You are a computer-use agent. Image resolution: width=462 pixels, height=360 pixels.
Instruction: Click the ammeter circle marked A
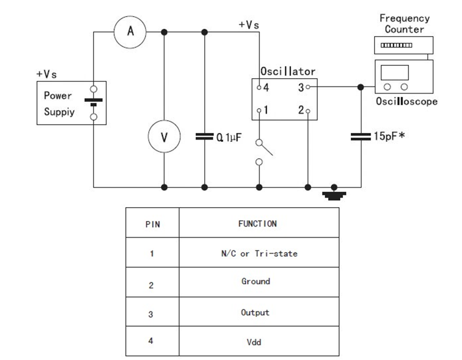131,32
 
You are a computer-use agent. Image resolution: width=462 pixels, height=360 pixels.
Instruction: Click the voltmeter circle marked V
164,136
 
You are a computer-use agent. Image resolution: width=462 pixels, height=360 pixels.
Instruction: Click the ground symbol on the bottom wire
334,193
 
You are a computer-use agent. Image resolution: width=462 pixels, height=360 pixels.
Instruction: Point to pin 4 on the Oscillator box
259,87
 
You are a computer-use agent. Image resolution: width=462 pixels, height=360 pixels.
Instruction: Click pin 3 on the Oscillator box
308,87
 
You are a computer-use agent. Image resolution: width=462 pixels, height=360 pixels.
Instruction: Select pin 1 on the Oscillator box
259,110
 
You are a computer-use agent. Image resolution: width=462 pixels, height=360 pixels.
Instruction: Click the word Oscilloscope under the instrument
407,101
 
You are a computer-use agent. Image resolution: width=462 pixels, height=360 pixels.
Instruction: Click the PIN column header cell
152,224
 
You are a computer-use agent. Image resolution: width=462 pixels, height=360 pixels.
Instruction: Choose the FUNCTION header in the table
258,224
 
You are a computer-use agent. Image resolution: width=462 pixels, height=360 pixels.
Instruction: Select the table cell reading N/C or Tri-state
258,254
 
